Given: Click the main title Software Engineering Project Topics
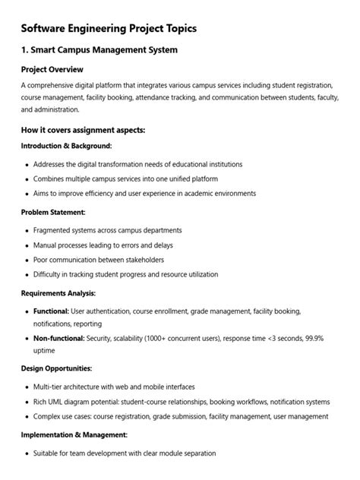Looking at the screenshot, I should [109, 28].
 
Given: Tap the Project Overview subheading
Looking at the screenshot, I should [54, 70].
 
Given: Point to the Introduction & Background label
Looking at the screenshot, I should [67, 146].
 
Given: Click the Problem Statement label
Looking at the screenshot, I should [53, 213].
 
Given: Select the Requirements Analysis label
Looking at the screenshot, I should [58, 292].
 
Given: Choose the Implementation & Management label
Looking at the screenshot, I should [74, 434].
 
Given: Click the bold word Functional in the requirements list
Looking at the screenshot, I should [51, 311].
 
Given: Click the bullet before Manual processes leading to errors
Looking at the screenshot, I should [27, 246].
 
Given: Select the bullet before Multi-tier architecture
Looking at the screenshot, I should [27, 387].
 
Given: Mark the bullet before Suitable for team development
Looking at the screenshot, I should [27, 453].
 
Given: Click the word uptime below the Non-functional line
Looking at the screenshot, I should [44, 351].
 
